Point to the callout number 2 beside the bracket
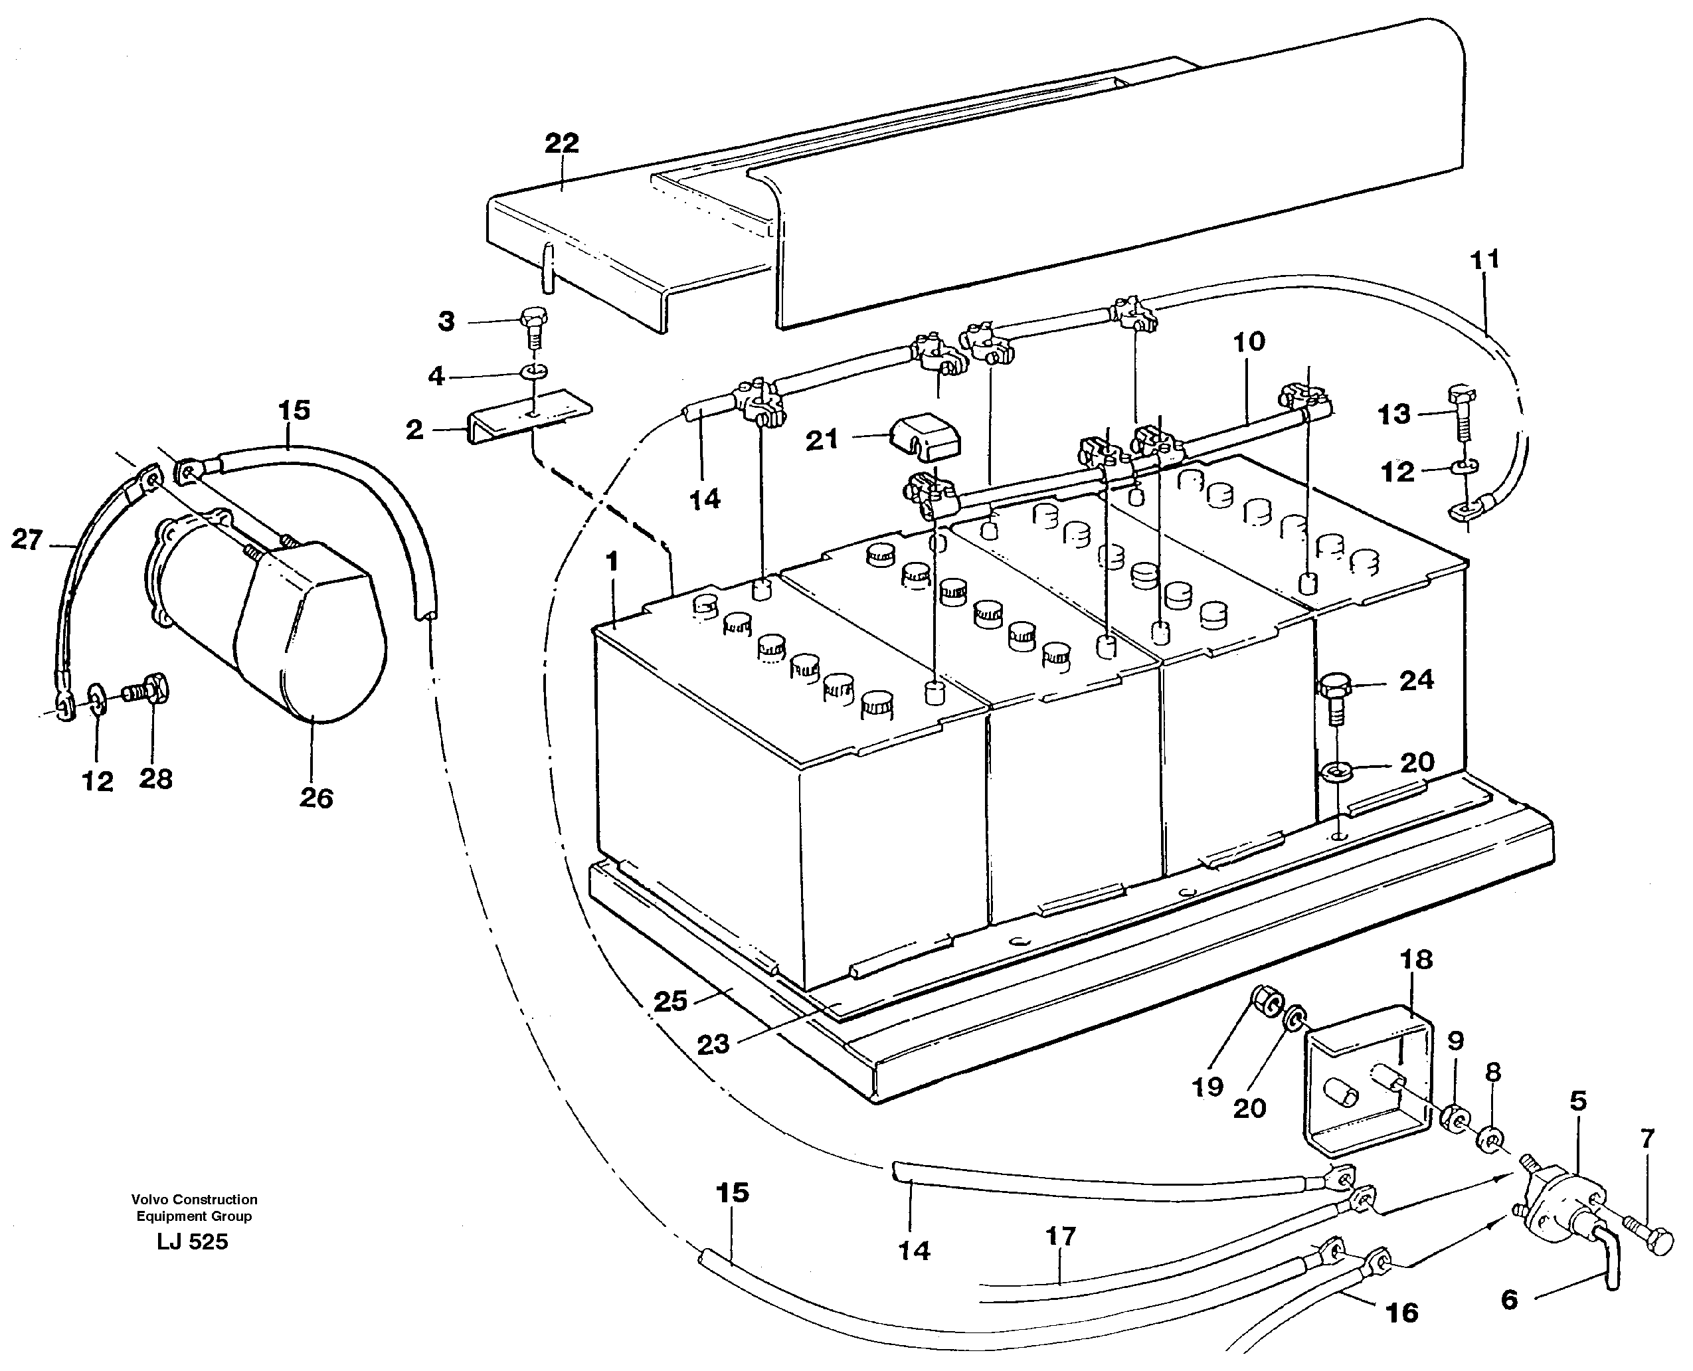point(414,430)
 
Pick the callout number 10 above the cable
point(1249,342)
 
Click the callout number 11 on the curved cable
point(1484,259)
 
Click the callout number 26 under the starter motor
point(316,798)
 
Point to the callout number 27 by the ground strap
point(26,540)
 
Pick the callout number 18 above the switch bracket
point(1416,960)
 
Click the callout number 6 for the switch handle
point(1509,1301)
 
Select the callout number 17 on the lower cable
point(1061,1236)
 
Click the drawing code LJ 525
point(193,1242)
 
